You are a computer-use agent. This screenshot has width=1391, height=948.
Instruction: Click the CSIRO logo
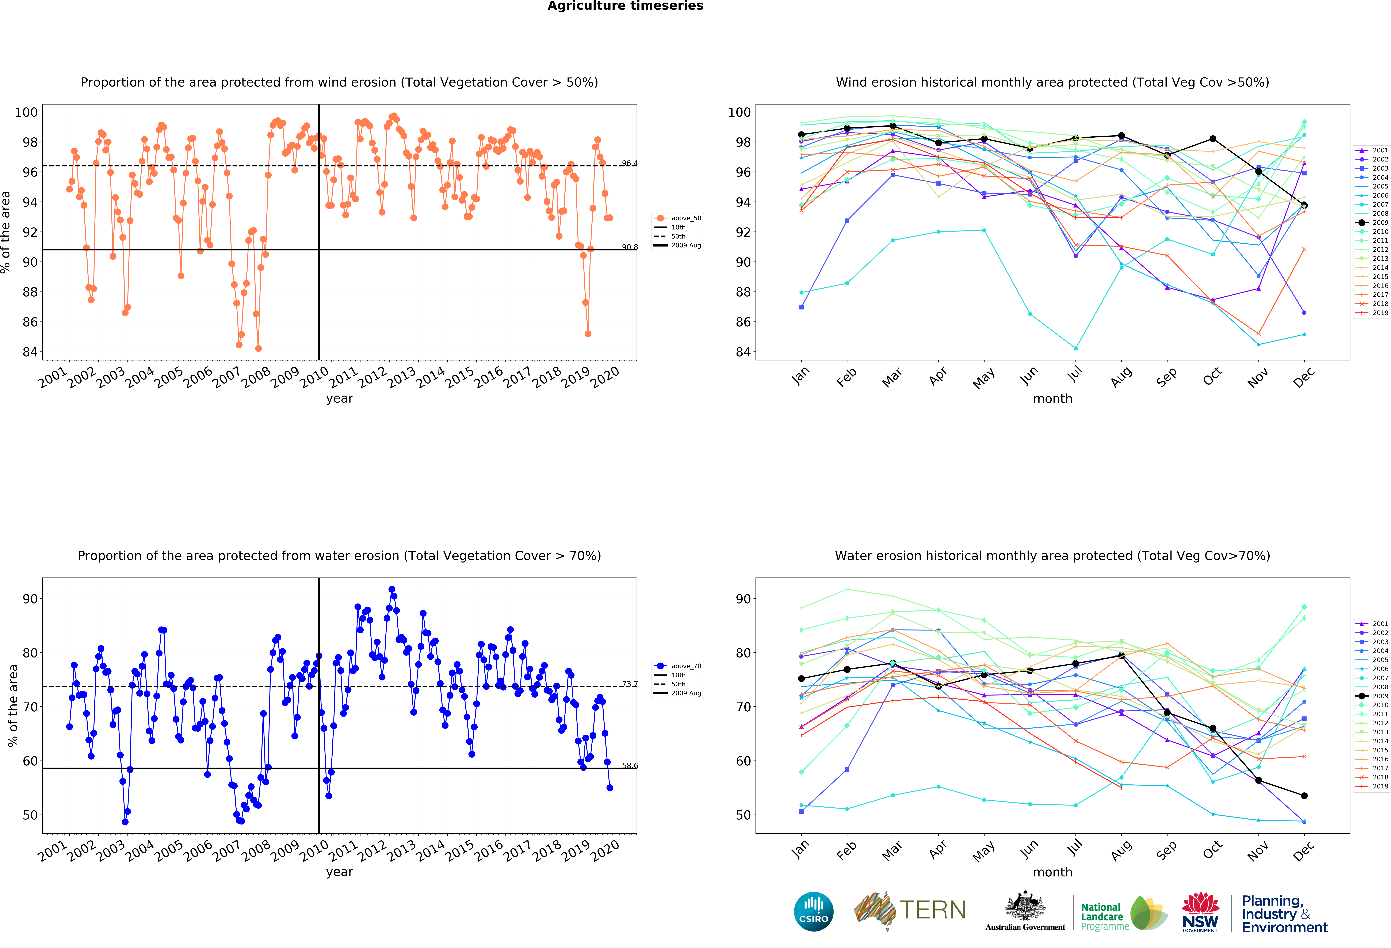[x=813, y=911]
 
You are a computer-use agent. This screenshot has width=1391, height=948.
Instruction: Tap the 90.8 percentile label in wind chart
[x=629, y=247]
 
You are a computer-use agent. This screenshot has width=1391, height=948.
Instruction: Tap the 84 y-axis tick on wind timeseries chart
[x=30, y=352]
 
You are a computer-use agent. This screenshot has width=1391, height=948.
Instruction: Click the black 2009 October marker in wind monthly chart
[x=1213, y=139]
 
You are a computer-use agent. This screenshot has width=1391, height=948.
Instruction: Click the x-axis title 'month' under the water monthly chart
[x=1052, y=872]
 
